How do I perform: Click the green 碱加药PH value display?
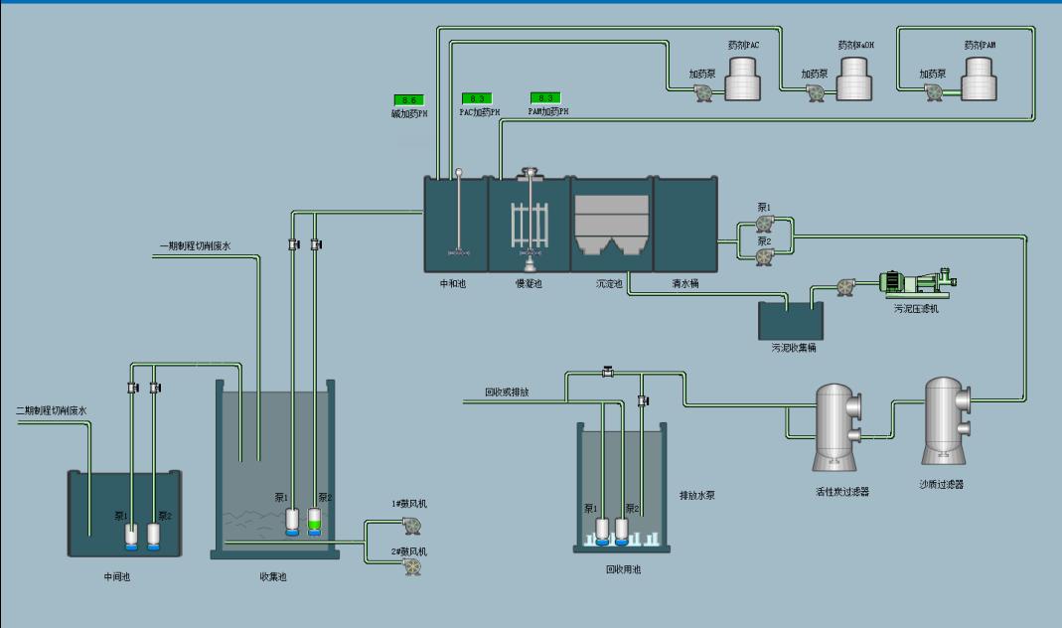pos(408,100)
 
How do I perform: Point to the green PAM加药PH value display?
pos(545,97)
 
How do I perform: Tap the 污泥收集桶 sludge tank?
pos(791,321)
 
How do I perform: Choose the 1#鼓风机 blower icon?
pos(409,525)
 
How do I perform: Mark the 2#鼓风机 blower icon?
pos(409,566)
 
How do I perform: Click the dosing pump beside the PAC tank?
pos(703,92)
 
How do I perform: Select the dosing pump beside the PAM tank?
pos(933,91)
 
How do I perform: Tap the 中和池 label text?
pos(453,284)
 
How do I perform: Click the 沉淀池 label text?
pos(608,284)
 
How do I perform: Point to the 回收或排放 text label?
pos(507,392)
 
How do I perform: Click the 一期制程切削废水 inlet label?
pos(195,246)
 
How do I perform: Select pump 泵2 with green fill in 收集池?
pos(315,521)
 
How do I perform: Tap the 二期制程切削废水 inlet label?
pos(52,410)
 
